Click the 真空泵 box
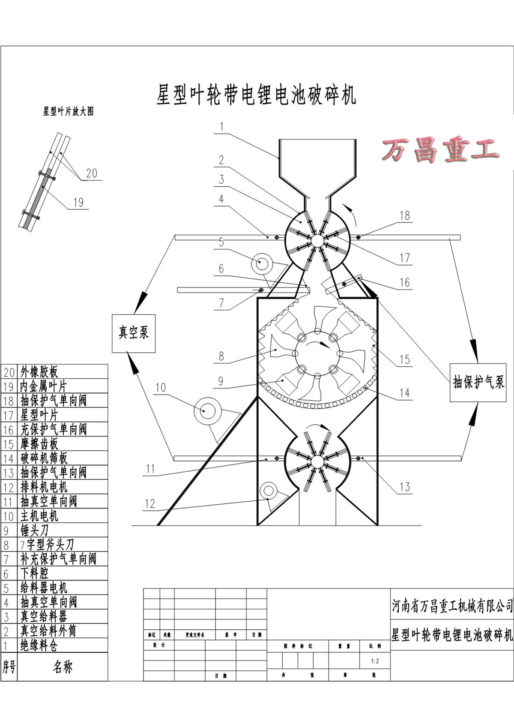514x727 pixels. tap(133, 333)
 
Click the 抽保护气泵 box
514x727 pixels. tap(478, 382)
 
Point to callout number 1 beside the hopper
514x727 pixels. tap(221, 127)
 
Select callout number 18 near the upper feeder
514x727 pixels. tap(405, 215)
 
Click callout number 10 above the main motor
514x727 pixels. tap(160, 388)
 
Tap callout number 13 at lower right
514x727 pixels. tap(405, 487)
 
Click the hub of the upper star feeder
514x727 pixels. tap(317, 241)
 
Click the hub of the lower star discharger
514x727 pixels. tap(317, 461)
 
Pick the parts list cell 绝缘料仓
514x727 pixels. tap(39, 645)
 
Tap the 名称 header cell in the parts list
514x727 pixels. tap(63, 667)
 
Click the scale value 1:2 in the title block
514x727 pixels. tap(375, 661)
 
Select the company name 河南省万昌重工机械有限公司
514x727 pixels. tap(452, 606)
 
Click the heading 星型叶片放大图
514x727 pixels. tap(68, 112)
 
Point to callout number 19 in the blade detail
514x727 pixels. tap(78, 202)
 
